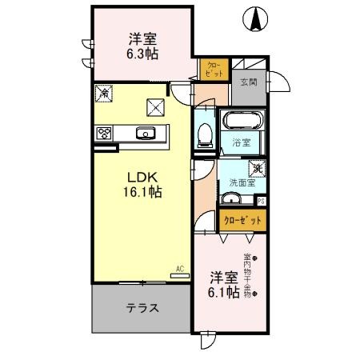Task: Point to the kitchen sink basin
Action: (146, 134)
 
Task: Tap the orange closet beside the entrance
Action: (214, 69)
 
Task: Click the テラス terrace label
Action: (142, 307)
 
